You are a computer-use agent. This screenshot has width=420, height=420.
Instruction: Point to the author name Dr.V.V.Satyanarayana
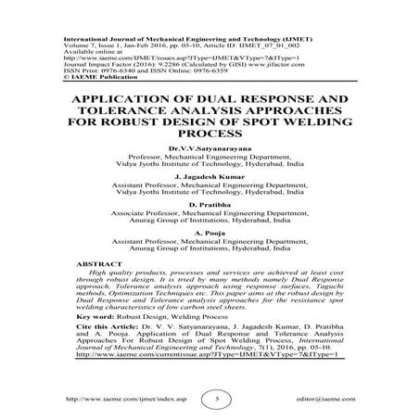[x=210, y=146]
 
